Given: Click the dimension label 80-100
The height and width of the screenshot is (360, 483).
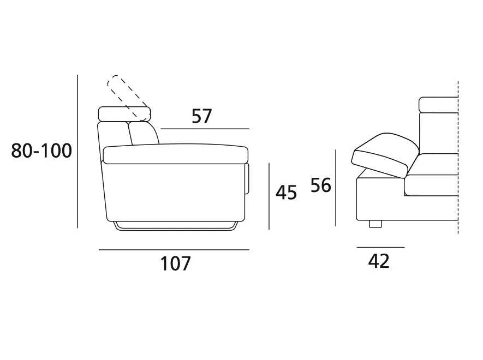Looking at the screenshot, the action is pyautogui.click(x=41, y=151).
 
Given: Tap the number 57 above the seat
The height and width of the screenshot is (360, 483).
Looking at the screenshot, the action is pyautogui.click(x=202, y=116).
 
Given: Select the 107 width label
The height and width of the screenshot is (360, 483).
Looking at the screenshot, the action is pyautogui.click(x=176, y=263).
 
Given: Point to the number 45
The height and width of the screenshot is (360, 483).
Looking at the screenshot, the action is pyautogui.click(x=286, y=193).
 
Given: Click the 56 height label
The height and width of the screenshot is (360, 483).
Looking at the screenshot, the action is pyautogui.click(x=321, y=185).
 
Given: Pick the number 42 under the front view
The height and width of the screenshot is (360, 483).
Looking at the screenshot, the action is pyautogui.click(x=379, y=261).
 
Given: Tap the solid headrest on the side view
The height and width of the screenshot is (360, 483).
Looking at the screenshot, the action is pyautogui.click(x=124, y=114).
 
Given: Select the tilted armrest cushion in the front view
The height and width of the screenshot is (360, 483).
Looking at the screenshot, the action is pyautogui.click(x=385, y=155).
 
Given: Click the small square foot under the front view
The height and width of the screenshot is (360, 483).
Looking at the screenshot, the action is pyautogui.click(x=375, y=224).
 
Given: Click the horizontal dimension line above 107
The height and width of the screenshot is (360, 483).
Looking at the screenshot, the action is pyautogui.click(x=174, y=250).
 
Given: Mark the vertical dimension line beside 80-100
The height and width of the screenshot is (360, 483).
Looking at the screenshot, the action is pyautogui.click(x=77, y=151).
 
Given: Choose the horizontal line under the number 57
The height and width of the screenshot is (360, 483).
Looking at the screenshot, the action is pyautogui.click(x=205, y=129).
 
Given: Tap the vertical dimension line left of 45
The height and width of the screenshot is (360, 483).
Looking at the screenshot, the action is pyautogui.click(x=269, y=196).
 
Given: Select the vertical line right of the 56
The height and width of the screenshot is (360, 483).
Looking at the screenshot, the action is pyautogui.click(x=336, y=188).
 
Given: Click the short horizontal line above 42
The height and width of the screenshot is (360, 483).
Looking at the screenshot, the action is pyautogui.click(x=381, y=247).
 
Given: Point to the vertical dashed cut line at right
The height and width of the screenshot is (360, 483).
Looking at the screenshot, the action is pyautogui.click(x=458, y=158).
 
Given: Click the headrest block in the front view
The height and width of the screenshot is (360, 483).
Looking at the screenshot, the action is pyautogui.click(x=439, y=105).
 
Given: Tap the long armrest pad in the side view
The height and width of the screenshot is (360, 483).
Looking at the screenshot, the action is pyautogui.click(x=176, y=154).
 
